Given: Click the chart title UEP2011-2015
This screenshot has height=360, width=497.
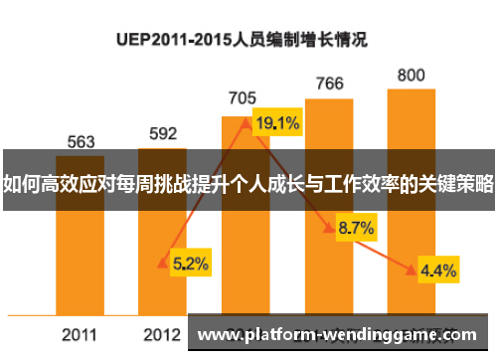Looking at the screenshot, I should point(243,41).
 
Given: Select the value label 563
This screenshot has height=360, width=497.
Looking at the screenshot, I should point(82,142).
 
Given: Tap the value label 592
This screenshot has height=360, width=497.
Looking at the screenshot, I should point(163,132).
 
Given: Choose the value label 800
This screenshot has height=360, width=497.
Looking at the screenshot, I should point(412,75).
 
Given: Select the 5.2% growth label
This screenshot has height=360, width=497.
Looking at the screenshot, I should point(190,264).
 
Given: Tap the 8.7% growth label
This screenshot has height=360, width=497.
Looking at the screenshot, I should point(356,228).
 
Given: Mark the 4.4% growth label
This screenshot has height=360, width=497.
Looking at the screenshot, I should point(438,270).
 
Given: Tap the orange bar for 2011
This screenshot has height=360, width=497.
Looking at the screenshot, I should point(82,249).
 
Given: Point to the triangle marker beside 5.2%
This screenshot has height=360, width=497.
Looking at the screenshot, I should point(163,264).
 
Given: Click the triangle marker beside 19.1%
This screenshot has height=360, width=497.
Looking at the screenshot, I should point(246,124).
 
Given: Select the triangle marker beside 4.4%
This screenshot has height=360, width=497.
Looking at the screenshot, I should point(412,270).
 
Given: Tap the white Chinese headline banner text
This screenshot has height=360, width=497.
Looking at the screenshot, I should point(248,184).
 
